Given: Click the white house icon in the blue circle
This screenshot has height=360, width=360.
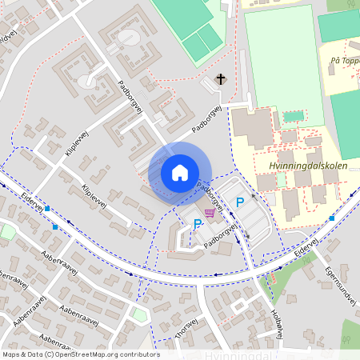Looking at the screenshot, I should click(x=179, y=172).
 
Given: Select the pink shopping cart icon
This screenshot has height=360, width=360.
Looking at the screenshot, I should click(x=210, y=212).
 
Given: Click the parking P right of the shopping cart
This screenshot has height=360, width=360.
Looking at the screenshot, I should click(x=239, y=203).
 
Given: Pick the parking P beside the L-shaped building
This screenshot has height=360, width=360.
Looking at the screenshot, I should click(x=198, y=224).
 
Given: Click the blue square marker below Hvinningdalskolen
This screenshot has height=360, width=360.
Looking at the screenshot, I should click(x=331, y=218).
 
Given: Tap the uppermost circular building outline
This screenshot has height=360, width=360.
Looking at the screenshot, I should click(x=127, y=38).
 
